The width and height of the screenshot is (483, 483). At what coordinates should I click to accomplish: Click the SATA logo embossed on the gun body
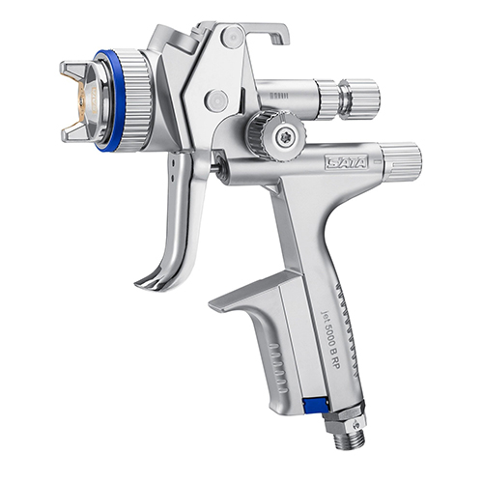click(x=347, y=162)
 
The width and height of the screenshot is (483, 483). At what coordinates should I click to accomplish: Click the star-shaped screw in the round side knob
click(x=284, y=137)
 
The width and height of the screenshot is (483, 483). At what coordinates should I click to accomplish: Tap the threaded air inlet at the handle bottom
click(x=350, y=440)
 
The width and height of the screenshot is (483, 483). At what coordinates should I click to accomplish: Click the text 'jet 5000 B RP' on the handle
click(x=329, y=340)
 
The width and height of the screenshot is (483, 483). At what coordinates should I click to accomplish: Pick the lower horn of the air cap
click(x=73, y=132)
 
